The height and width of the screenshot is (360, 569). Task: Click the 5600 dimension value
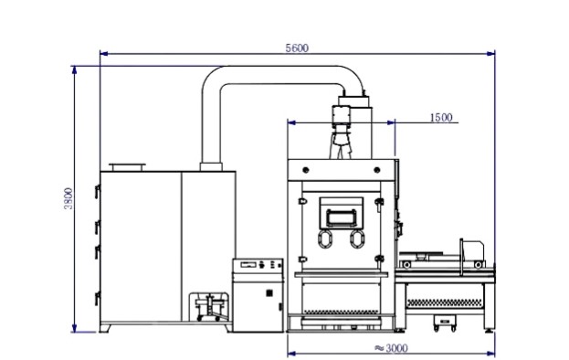pyautogui.click(x=297, y=48)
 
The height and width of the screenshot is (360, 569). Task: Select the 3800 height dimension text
pyautogui.click(x=68, y=198)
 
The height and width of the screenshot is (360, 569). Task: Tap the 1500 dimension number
pyautogui.click(x=441, y=118)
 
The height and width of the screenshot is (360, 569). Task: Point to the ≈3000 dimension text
pyautogui.click(x=391, y=348)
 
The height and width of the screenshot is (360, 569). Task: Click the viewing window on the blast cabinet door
pyautogui.click(x=341, y=217)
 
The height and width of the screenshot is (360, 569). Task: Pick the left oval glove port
pyautogui.click(x=325, y=239)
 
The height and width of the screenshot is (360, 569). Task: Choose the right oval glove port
pyautogui.click(x=357, y=239)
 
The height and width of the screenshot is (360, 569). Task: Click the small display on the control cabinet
pyautogui.click(x=248, y=265)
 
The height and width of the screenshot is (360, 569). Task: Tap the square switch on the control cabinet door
pyautogui.click(x=269, y=293)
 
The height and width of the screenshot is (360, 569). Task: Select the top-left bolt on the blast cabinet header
pyautogui.click(x=306, y=170)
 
